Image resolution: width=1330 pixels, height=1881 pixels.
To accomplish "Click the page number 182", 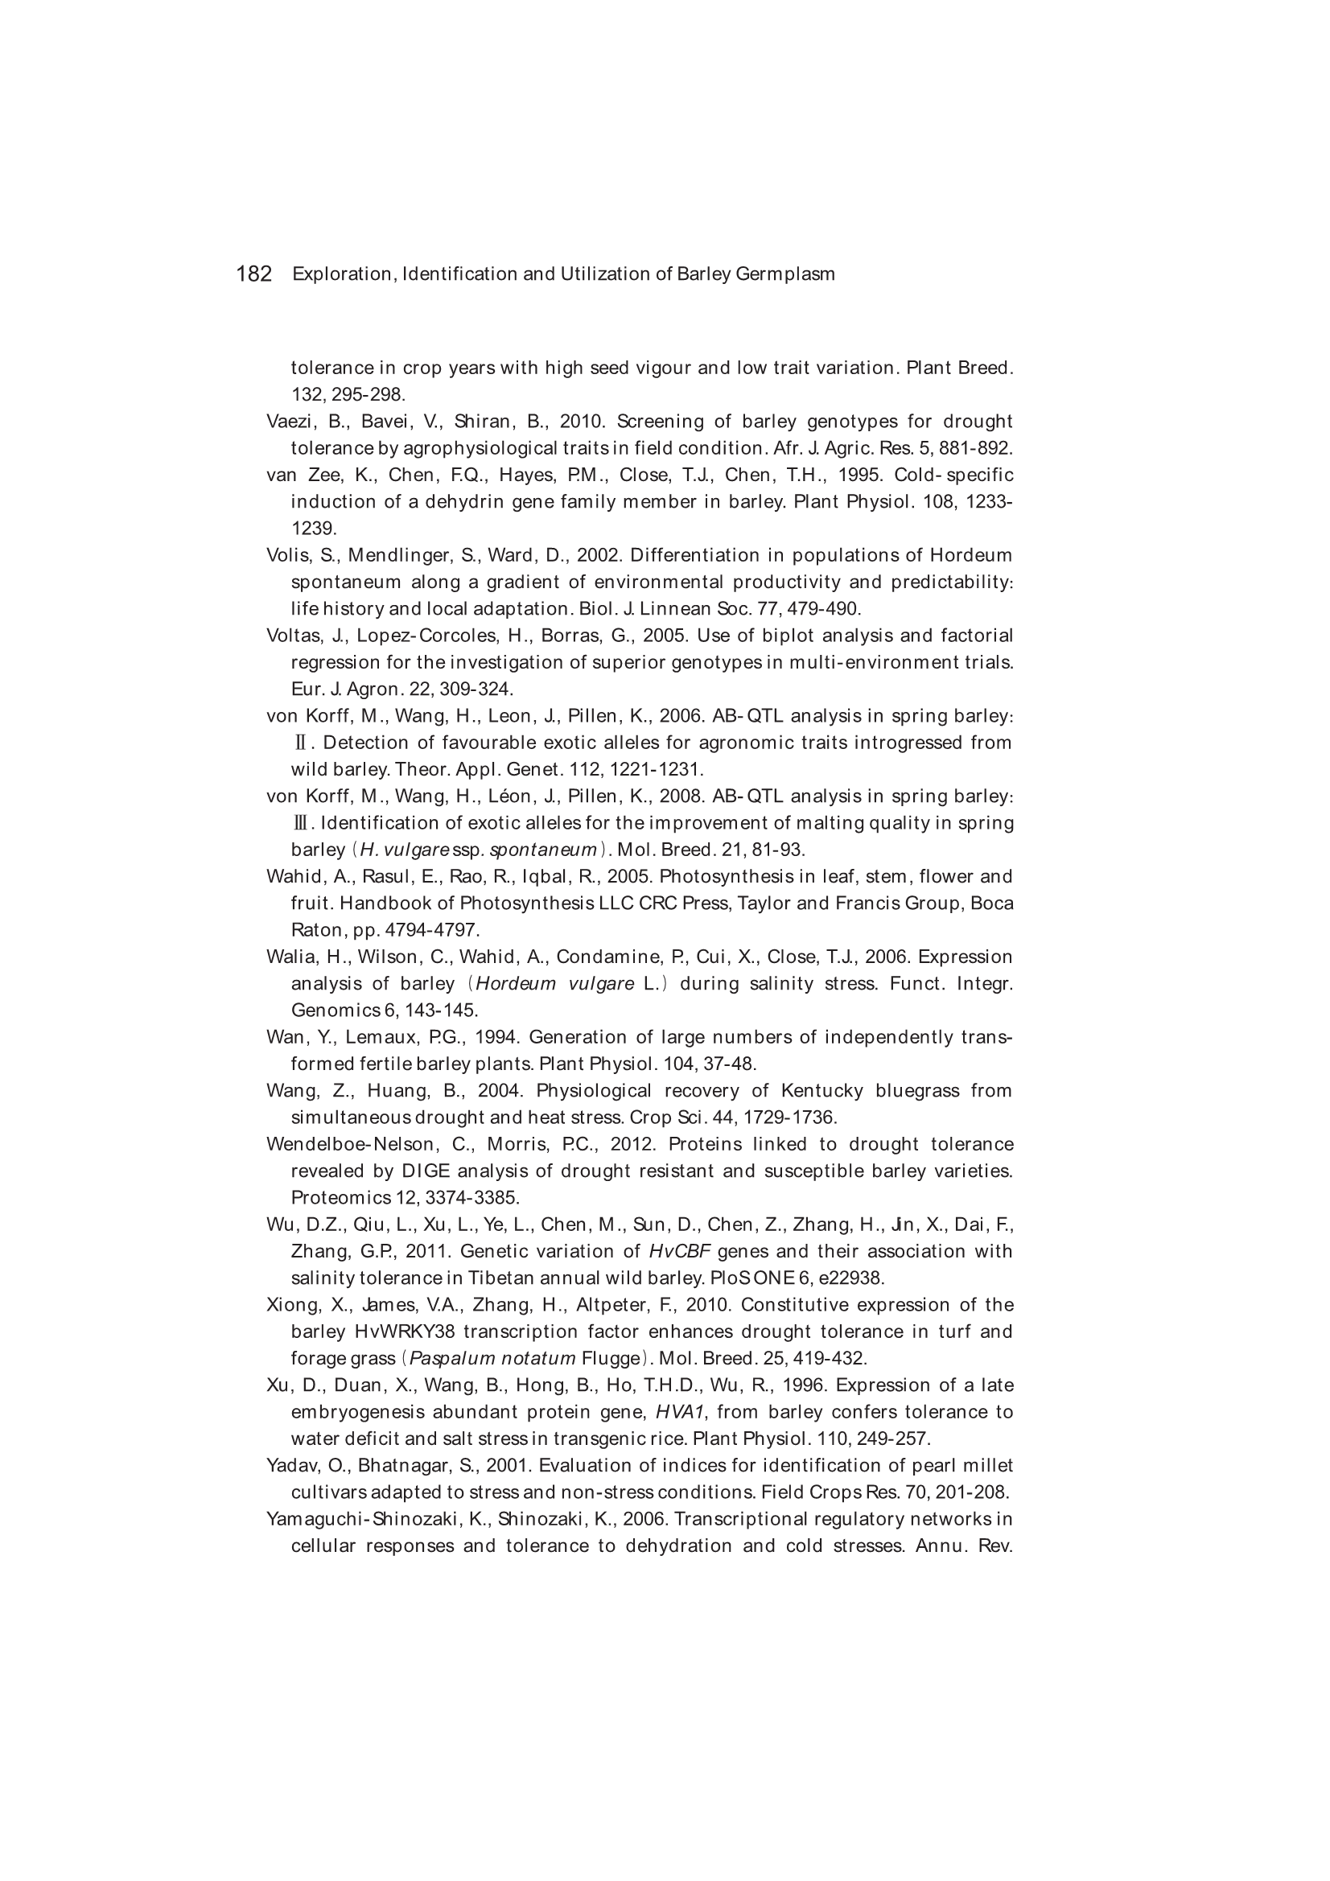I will [254, 274].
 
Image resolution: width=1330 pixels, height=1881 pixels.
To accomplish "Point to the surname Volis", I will [287, 555].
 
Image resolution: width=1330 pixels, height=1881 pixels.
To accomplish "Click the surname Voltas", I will [294, 636].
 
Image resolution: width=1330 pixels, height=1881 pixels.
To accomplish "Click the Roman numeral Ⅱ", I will [300, 743].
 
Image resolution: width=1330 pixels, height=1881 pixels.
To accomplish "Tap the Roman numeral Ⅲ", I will [300, 823].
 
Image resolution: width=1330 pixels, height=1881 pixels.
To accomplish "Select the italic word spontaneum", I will [543, 850].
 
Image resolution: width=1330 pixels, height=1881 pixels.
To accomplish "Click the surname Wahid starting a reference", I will [295, 877].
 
